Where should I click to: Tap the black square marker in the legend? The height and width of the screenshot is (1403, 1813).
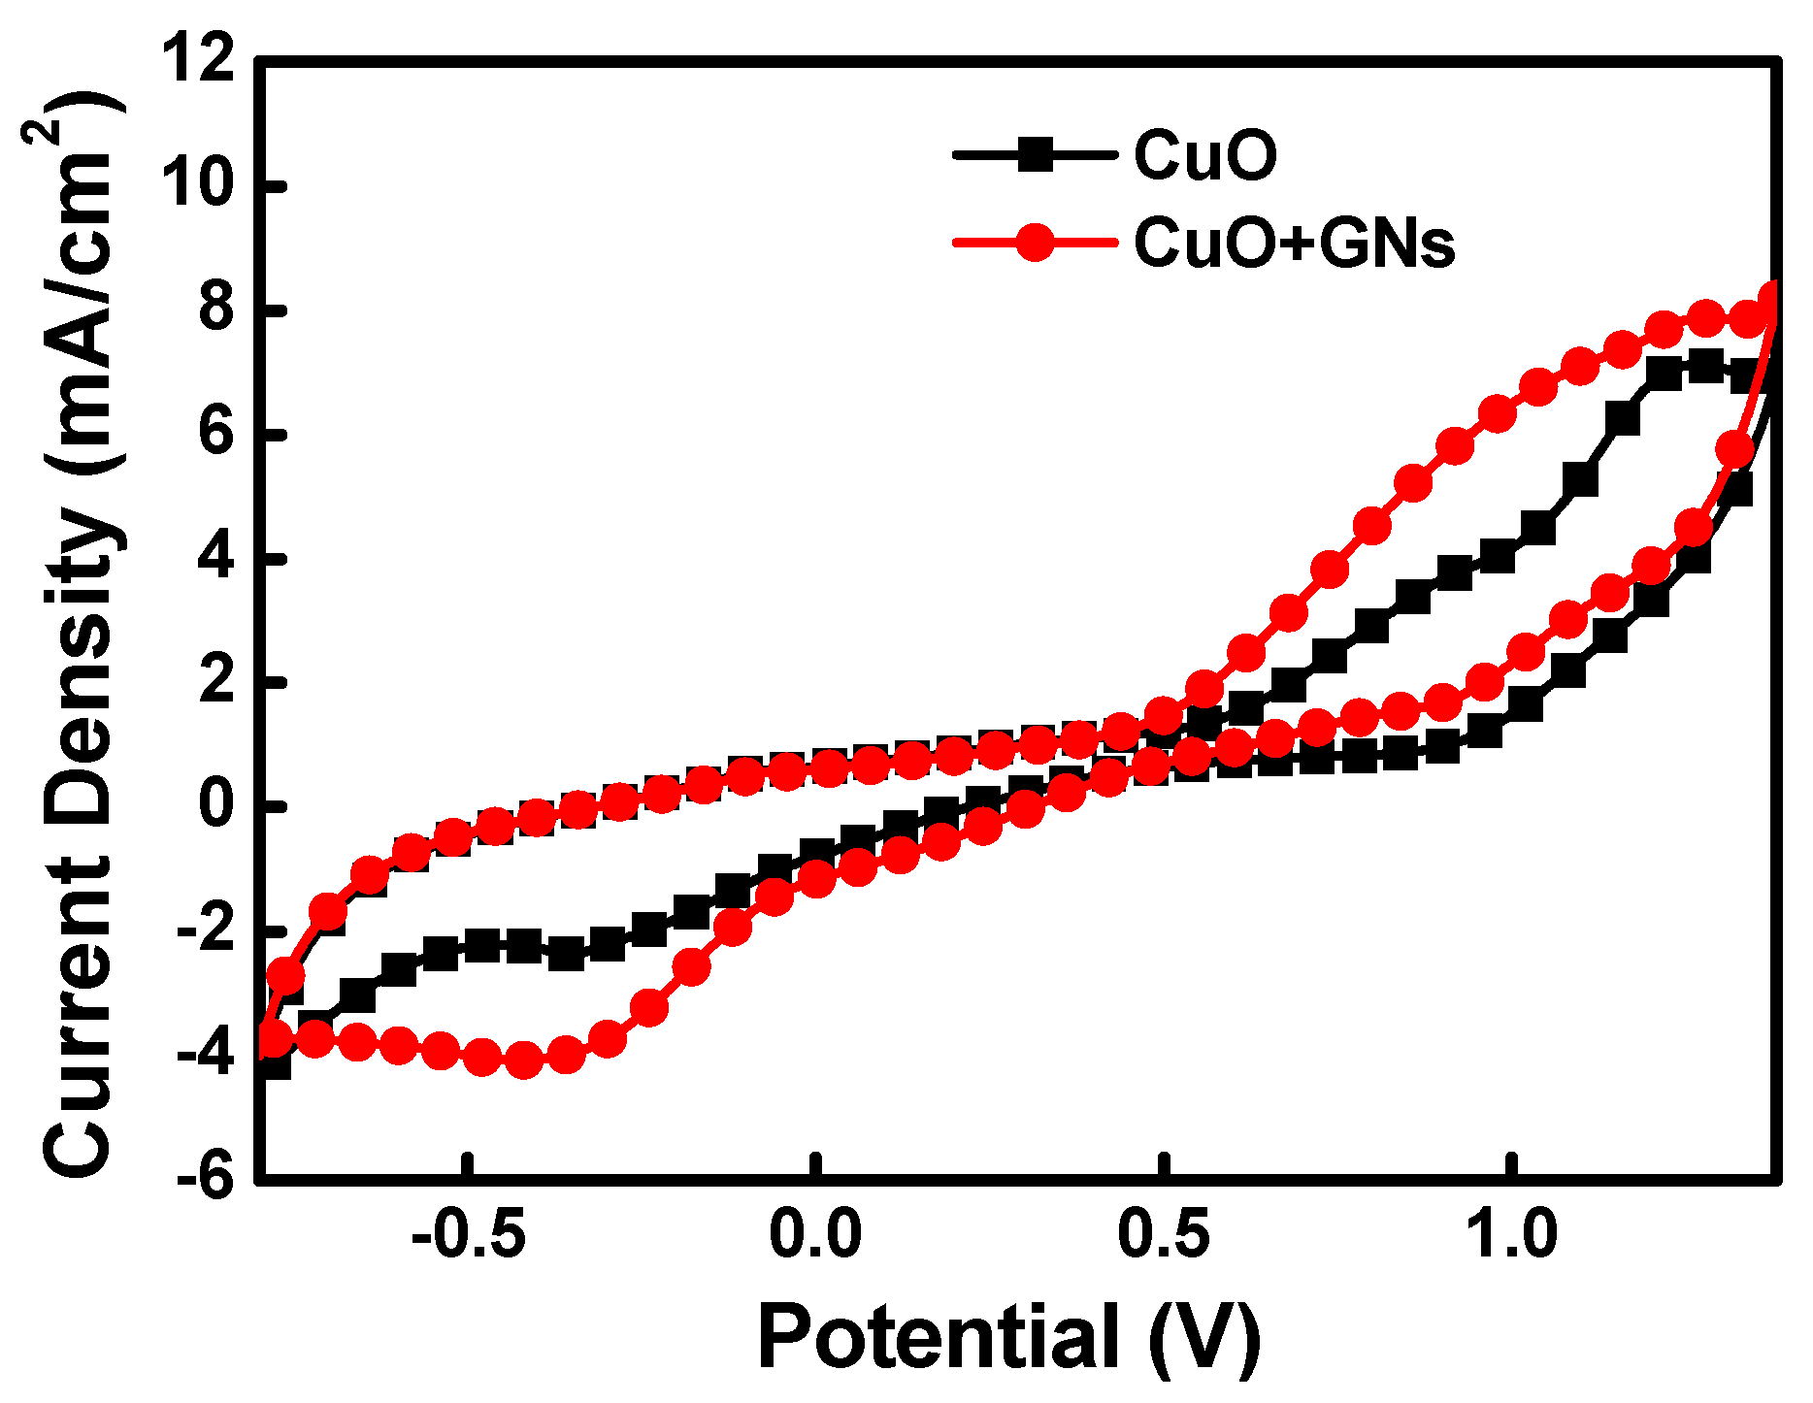click(x=1035, y=155)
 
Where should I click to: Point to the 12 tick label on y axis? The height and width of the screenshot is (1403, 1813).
click(x=200, y=60)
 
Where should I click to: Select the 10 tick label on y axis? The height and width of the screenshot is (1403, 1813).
click(x=200, y=185)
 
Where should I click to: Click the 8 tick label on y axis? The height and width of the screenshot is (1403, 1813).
click(x=215, y=310)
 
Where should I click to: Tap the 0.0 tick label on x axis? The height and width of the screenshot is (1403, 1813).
click(x=815, y=1236)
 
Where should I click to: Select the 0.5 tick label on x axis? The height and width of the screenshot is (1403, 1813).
click(x=1163, y=1236)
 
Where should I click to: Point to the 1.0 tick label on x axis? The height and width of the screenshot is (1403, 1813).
click(x=1510, y=1236)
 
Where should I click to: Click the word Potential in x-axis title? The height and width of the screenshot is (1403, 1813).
click(x=938, y=1339)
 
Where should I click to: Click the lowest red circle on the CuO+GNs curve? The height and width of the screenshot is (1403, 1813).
click(x=524, y=1060)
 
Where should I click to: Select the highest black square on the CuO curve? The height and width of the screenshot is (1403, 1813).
click(x=1705, y=367)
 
